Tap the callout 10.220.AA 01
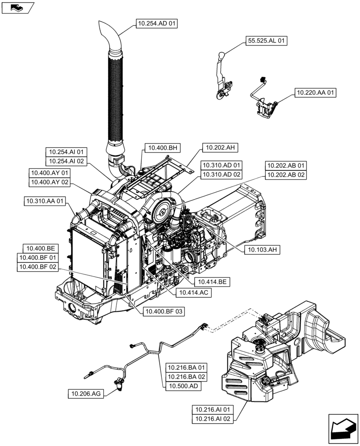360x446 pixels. (x=315, y=93)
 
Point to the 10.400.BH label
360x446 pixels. (x=162, y=148)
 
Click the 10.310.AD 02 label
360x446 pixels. (x=220, y=174)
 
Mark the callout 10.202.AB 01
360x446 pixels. (x=286, y=165)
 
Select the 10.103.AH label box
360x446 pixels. (x=262, y=250)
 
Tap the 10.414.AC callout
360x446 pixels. (x=193, y=293)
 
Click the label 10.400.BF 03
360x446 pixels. (x=164, y=311)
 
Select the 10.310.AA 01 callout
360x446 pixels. (x=45, y=202)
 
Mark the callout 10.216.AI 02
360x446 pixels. (x=213, y=419)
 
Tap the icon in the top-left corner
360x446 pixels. (x=18, y=7)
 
